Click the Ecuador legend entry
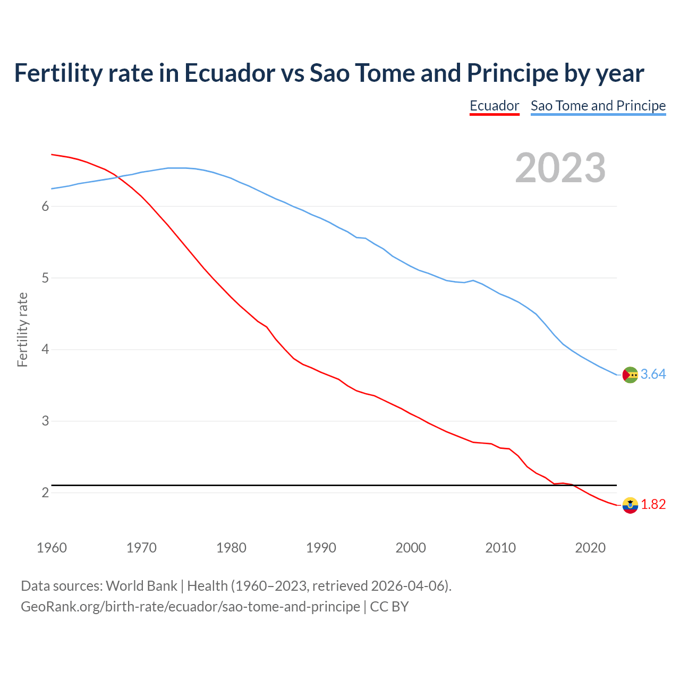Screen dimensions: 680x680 click(x=494, y=106)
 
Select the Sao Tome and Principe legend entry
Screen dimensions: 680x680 click(x=598, y=106)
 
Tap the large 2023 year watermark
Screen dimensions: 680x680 click(x=560, y=168)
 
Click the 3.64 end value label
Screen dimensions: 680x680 click(x=653, y=375)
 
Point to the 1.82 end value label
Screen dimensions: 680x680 click(x=653, y=504)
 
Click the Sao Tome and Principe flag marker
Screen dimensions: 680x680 click(x=630, y=375)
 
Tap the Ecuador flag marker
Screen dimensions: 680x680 click(x=630, y=505)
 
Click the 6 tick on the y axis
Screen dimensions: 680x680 click(x=45, y=206)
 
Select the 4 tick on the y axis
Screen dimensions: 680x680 click(x=45, y=350)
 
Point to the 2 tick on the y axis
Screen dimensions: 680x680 click(x=45, y=492)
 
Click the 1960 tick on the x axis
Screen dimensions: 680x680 click(x=52, y=548)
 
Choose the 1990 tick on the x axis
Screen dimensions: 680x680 click(x=321, y=548)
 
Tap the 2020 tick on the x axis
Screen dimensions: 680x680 click(x=590, y=548)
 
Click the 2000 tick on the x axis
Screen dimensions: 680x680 click(x=411, y=548)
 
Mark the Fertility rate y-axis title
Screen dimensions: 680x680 click(x=22, y=329)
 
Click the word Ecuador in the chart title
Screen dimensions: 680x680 click(x=229, y=73)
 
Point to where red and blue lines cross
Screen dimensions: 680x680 click(x=117, y=177)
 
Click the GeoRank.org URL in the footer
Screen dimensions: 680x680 click(x=190, y=607)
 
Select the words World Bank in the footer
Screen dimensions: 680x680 click(x=141, y=586)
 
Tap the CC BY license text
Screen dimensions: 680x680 click(x=389, y=607)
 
